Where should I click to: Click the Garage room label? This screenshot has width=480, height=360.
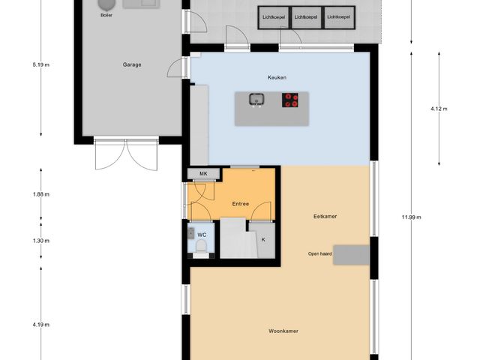[x=132, y=64]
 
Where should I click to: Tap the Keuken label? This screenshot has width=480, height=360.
[x=277, y=77]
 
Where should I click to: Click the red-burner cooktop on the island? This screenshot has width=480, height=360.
[x=291, y=100]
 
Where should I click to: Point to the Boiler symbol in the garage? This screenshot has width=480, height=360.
[x=104, y=6]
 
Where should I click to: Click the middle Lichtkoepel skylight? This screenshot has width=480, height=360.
[x=306, y=16]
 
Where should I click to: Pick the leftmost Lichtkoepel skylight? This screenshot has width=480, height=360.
[x=274, y=16]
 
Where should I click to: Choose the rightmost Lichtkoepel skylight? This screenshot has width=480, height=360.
[x=339, y=16]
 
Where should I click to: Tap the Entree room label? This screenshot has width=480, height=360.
[x=240, y=203]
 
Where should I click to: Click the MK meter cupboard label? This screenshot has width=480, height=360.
[x=202, y=174]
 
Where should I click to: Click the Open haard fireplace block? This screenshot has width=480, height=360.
[x=351, y=255]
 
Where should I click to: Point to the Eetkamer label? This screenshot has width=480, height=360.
[x=325, y=216]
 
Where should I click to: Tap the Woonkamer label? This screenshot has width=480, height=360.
[x=280, y=331]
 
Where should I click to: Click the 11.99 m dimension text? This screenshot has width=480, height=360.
[x=411, y=217]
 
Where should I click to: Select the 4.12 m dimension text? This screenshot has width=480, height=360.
[x=439, y=109]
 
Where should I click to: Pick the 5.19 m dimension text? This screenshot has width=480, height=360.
[x=41, y=64]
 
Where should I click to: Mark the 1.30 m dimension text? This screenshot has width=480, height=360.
[x=41, y=241]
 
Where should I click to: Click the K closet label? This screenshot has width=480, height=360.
[x=263, y=240]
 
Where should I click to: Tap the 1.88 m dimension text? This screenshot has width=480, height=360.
[x=41, y=194]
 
